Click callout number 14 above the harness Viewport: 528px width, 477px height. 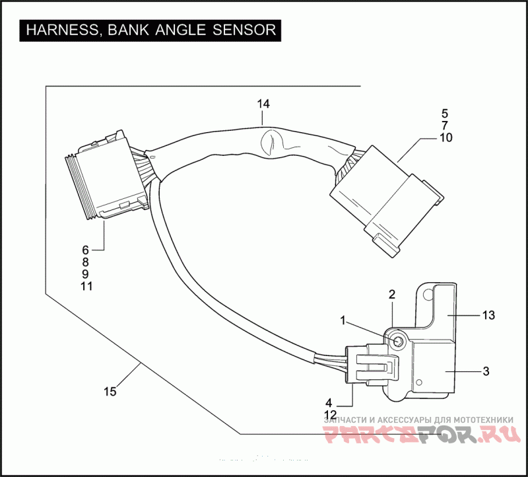(263, 104)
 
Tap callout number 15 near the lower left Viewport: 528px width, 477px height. (110, 392)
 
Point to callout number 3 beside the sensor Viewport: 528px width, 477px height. (486, 371)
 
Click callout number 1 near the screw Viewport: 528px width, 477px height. (344, 320)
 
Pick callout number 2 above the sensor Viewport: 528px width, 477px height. (391, 294)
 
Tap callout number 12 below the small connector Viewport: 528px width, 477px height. (331, 414)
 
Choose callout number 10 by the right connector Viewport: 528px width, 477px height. (445, 138)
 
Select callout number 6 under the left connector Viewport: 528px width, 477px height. (85, 250)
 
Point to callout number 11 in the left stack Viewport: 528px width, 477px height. (86, 287)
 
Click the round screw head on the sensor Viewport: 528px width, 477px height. (399, 342)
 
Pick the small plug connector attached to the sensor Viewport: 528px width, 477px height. (373, 367)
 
